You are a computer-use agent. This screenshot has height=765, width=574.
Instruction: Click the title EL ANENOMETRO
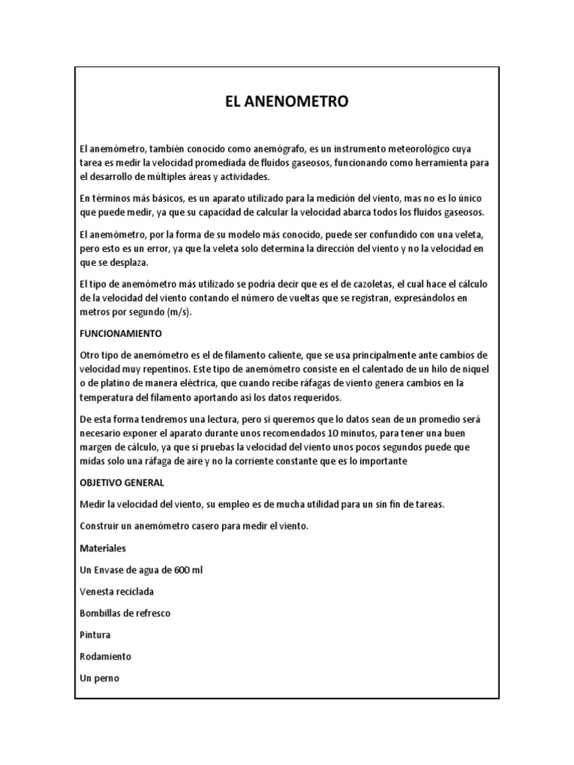coord(286,102)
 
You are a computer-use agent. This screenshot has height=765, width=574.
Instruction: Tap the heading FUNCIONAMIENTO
coord(126,332)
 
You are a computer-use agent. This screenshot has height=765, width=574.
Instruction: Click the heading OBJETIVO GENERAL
coord(121,483)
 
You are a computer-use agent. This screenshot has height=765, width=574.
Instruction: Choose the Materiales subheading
coord(102,548)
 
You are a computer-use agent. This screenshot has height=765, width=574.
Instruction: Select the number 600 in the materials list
coord(182,569)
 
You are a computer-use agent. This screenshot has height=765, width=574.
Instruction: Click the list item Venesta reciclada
coord(116,591)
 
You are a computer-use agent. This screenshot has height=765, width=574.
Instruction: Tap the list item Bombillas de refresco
coord(125,613)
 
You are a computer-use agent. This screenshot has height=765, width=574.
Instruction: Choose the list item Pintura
coord(95,634)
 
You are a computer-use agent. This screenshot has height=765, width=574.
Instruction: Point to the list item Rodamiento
coord(105,656)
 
